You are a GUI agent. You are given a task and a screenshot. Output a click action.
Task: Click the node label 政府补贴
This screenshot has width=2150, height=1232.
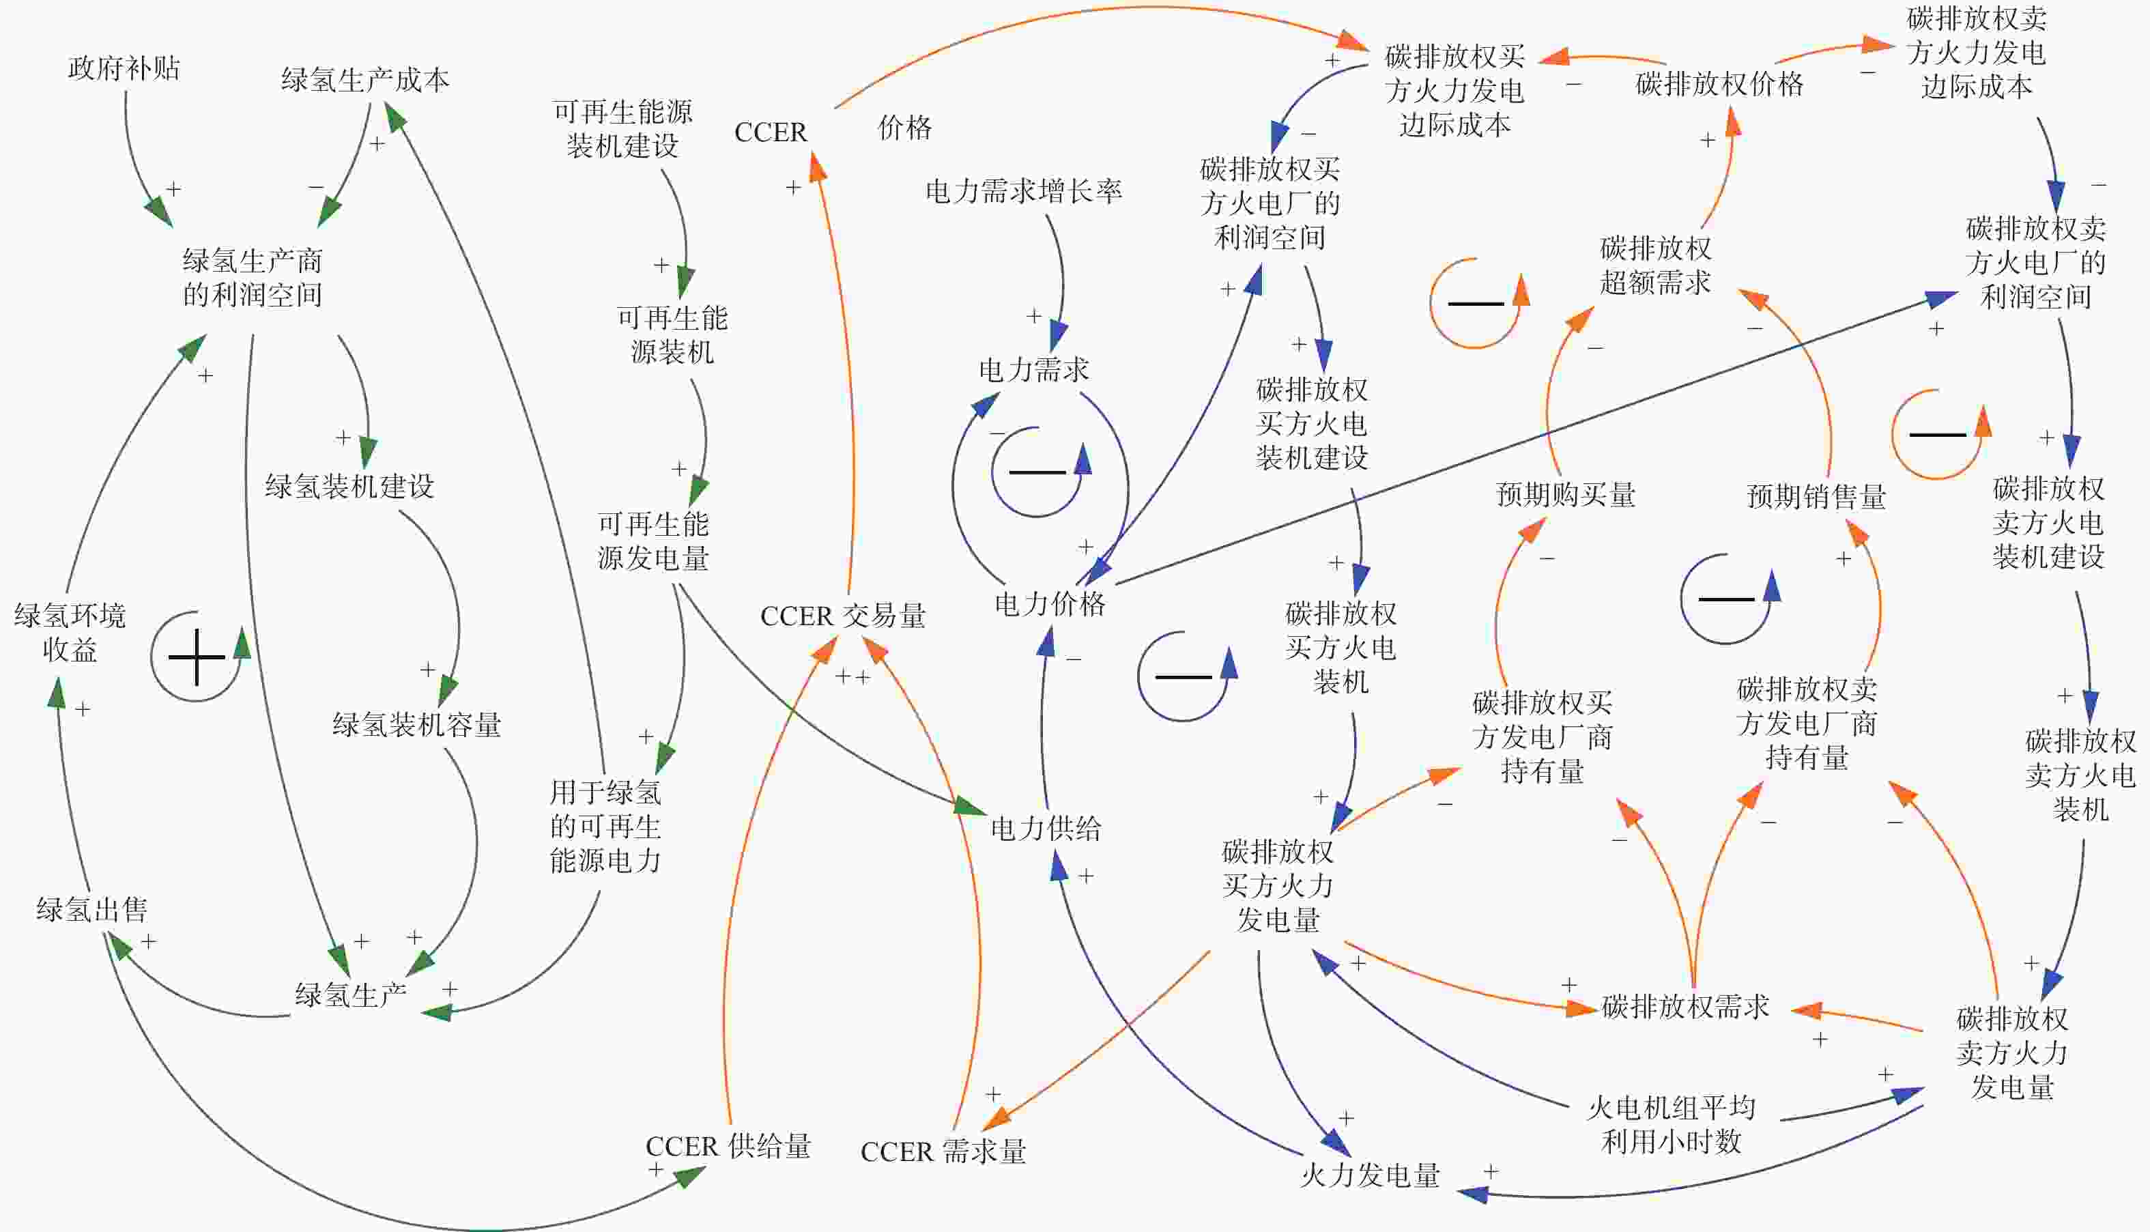click(124, 68)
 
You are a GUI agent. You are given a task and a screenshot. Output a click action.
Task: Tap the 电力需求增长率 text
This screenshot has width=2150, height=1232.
click(1023, 190)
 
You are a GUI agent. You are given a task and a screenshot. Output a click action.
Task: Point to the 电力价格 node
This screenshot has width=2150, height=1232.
click(1049, 603)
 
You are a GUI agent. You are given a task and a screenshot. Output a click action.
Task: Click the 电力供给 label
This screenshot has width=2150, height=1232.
click(1046, 827)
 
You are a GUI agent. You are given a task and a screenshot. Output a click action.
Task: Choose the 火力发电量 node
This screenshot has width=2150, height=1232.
click(1370, 1175)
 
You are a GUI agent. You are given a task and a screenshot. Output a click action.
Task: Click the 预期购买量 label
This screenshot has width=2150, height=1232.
click(1565, 494)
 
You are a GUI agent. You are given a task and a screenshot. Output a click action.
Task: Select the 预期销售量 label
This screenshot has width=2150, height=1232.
click(1817, 496)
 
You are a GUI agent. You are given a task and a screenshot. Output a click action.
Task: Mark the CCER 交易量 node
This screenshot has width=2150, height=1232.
click(843, 615)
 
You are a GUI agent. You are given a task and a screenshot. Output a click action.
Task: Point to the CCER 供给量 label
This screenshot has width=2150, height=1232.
click(728, 1146)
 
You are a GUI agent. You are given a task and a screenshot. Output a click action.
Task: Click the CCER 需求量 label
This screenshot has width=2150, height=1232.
click(943, 1151)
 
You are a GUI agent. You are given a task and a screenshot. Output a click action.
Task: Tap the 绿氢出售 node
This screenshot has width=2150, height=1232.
click(91, 910)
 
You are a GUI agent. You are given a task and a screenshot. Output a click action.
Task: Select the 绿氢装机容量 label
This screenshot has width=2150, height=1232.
click(416, 724)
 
